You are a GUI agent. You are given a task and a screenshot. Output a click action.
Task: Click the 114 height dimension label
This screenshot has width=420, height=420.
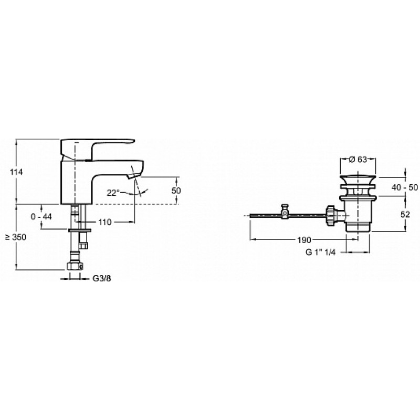(16, 172)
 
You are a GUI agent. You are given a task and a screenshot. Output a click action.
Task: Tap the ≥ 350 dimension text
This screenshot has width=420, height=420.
(16, 237)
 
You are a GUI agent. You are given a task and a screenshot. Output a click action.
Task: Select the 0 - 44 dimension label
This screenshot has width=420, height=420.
(41, 216)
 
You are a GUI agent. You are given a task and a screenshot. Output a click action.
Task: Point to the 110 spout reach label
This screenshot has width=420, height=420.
(104, 222)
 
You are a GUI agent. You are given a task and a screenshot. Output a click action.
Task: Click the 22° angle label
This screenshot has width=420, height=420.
(113, 193)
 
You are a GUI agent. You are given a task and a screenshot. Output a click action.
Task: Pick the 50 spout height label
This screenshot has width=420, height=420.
(176, 191)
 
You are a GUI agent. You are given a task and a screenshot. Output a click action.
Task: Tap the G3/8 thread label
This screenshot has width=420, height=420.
(102, 279)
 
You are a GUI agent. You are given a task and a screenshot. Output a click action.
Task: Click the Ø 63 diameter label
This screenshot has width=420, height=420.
(358, 160)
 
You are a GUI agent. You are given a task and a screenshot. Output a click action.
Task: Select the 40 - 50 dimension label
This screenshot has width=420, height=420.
(404, 187)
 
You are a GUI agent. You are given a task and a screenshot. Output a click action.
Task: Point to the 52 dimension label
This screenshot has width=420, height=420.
(405, 214)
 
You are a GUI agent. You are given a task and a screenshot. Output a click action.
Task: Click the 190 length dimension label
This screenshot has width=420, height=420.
(304, 240)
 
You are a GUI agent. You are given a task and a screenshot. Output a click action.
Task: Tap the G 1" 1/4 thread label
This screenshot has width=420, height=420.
(321, 252)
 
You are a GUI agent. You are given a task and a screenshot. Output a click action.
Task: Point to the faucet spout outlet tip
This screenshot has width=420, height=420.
(133, 176)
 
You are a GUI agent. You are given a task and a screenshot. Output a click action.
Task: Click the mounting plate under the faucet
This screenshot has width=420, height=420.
(80, 230)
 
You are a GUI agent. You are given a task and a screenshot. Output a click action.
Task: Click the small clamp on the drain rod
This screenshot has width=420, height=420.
(285, 212)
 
